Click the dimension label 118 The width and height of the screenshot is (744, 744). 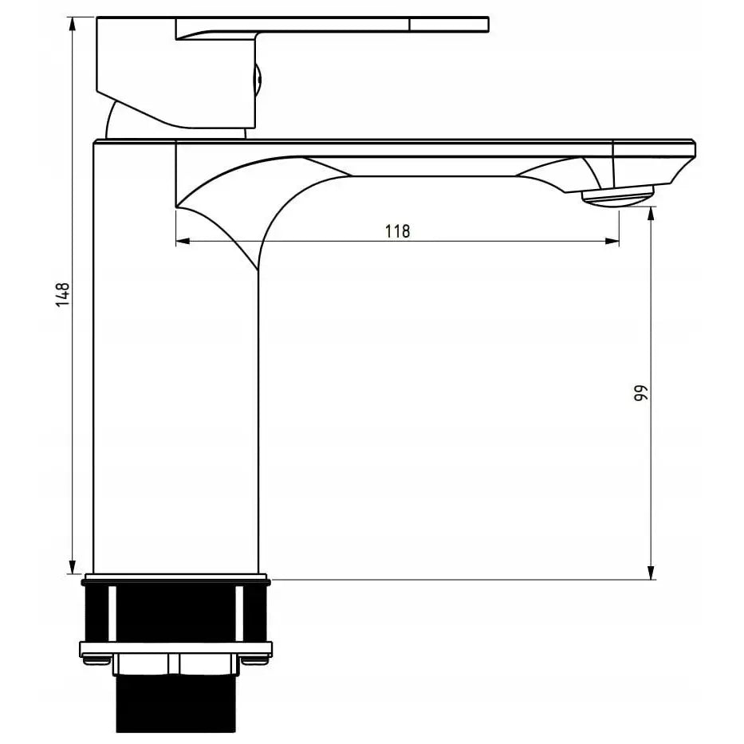coord(397,231)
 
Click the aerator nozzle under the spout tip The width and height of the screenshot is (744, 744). coord(617,195)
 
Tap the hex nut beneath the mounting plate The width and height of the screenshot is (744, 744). coord(177,663)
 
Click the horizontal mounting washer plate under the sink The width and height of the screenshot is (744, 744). coord(175,648)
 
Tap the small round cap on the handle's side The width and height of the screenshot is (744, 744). coord(257,80)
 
